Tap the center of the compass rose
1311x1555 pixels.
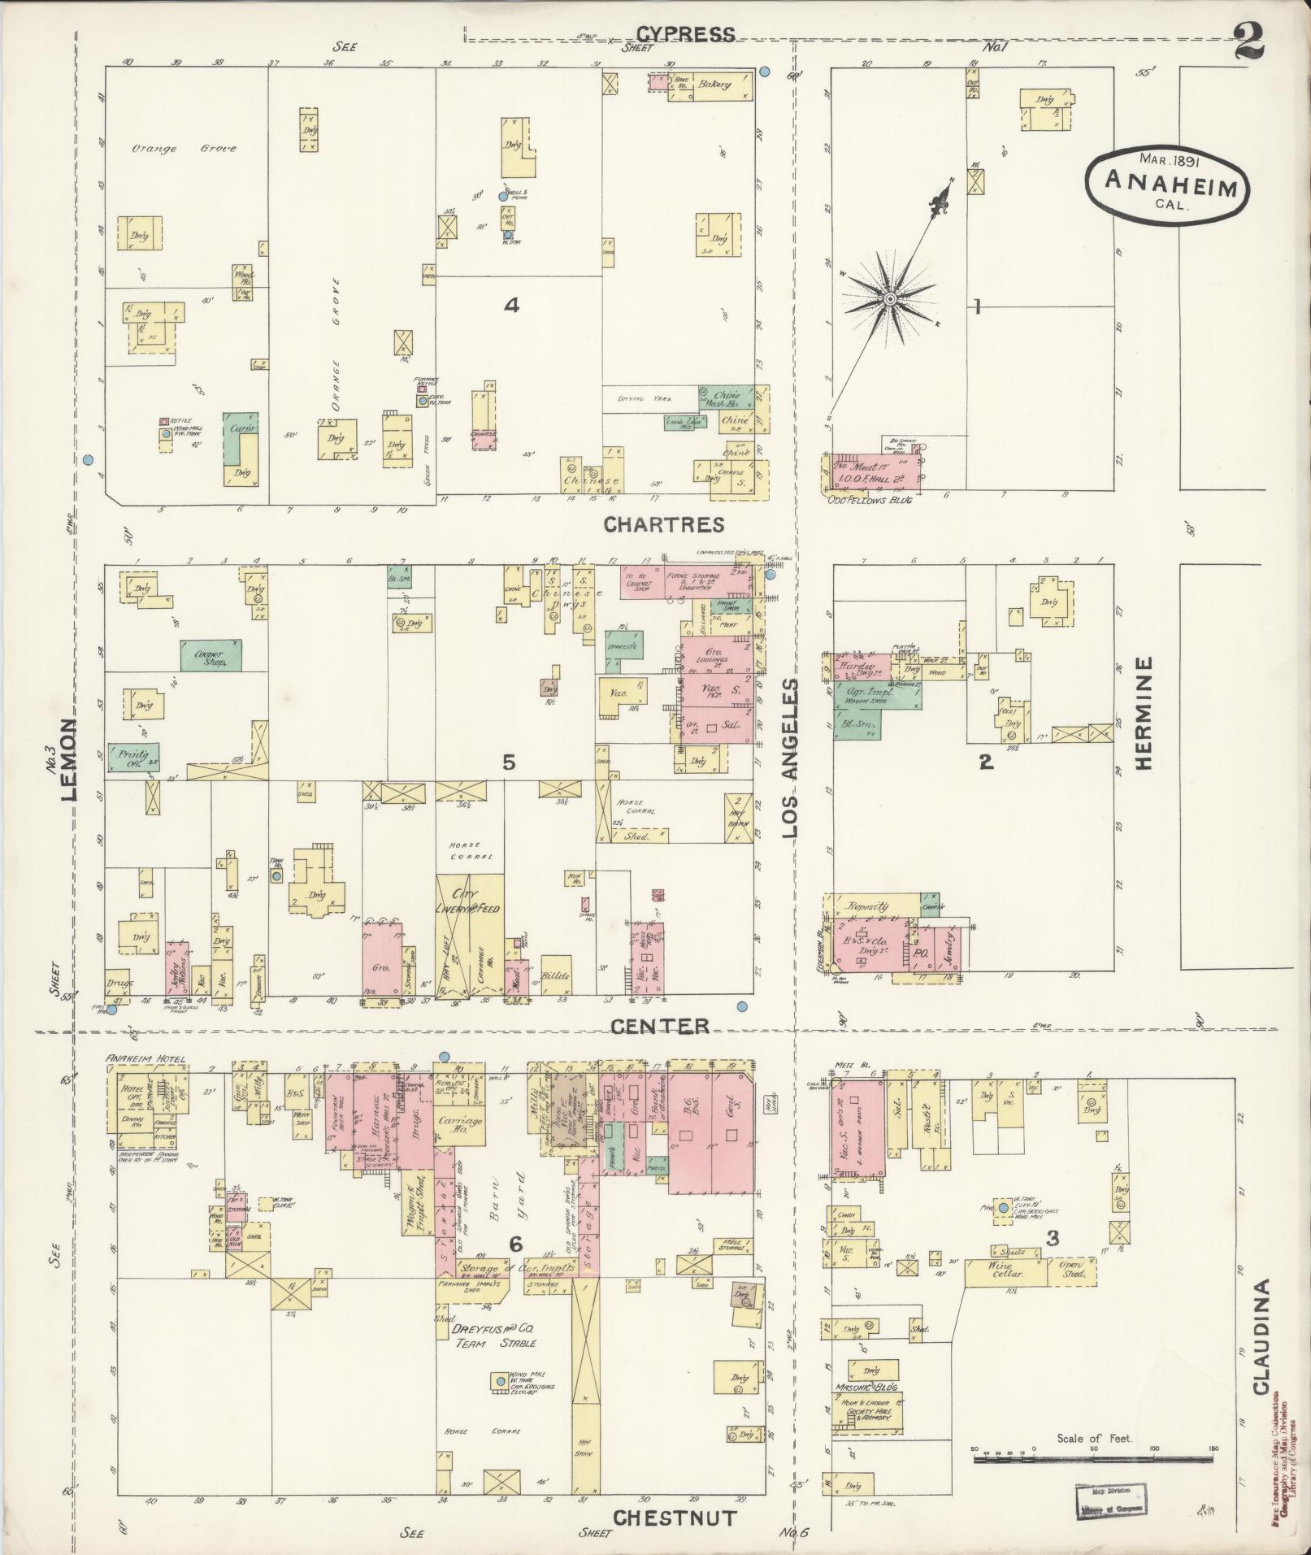[x=890, y=300]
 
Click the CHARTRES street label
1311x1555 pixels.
[x=663, y=525]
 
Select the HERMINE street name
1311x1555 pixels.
[x=1144, y=712]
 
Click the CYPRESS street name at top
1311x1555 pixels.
[x=685, y=34]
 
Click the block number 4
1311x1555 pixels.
[x=511, y=305]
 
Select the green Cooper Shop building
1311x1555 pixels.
[x=211, y=654]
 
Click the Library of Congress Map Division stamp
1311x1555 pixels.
[x=1109, y=1501]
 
